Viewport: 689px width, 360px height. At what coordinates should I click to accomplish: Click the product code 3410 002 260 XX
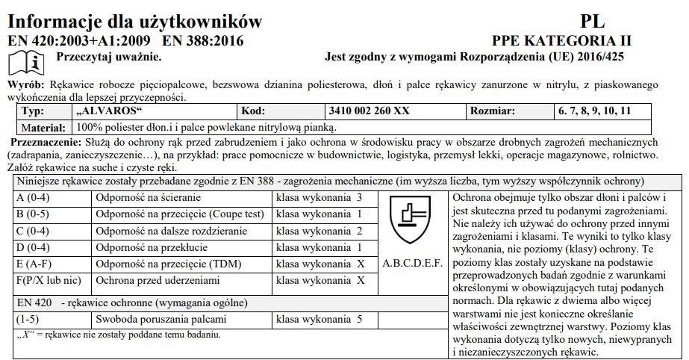point(369,111)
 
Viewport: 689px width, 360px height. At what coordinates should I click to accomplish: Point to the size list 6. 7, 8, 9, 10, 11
point(593,111)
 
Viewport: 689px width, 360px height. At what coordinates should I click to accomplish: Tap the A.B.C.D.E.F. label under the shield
point(412,264)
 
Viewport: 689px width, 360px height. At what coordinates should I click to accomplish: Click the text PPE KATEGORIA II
point(561,40)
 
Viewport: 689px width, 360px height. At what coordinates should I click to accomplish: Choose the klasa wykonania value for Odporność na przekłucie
point(319,247)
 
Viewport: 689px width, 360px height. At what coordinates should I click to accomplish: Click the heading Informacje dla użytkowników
point(134,20)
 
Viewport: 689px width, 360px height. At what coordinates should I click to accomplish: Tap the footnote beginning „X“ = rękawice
point(119,334)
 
